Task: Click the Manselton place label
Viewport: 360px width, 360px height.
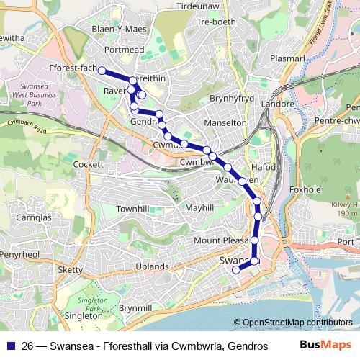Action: point(226,123)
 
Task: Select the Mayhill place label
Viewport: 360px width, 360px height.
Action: point(199,208)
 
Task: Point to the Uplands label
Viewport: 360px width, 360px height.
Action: point(152,266)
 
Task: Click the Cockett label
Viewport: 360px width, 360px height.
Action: point(89,164)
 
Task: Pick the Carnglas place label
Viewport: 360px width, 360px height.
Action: point(34,217)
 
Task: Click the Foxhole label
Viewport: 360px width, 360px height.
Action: point(304,190)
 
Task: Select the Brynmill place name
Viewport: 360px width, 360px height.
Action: point(135,307)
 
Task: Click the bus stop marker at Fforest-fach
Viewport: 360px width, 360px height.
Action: point(102,70)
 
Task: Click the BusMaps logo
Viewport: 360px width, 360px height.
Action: point(325,345)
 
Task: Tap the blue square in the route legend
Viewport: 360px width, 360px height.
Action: point(11,346)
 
